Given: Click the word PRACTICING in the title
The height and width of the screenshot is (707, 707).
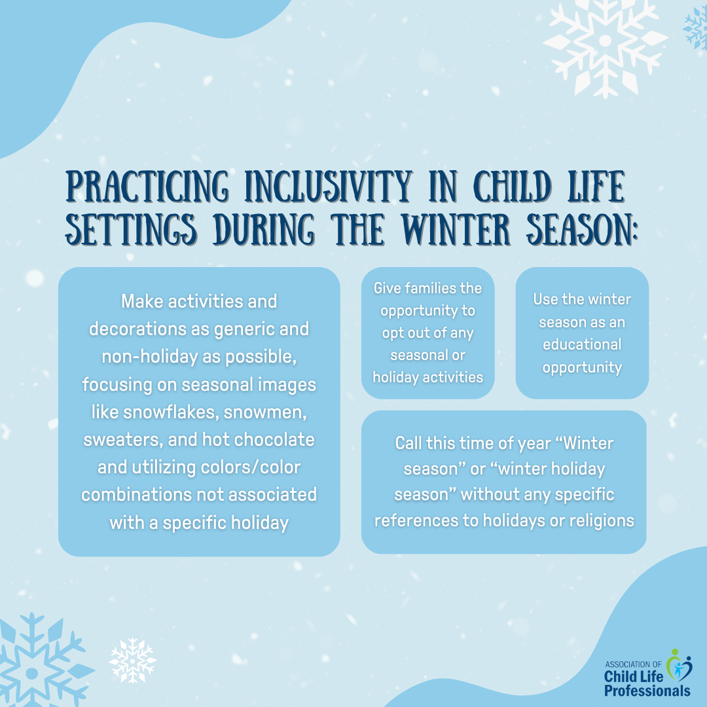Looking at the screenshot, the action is coord(147,187).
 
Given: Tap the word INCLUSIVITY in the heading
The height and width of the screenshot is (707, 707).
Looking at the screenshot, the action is coord(328,187).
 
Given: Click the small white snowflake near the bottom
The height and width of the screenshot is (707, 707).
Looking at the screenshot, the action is coord(132,660).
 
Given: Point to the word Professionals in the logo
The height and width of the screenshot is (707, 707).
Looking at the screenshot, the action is coord(647,691).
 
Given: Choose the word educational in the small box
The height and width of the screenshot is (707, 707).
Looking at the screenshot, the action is coord(582,344).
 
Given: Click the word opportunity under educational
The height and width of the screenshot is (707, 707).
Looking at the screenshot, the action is coord(582,368).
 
